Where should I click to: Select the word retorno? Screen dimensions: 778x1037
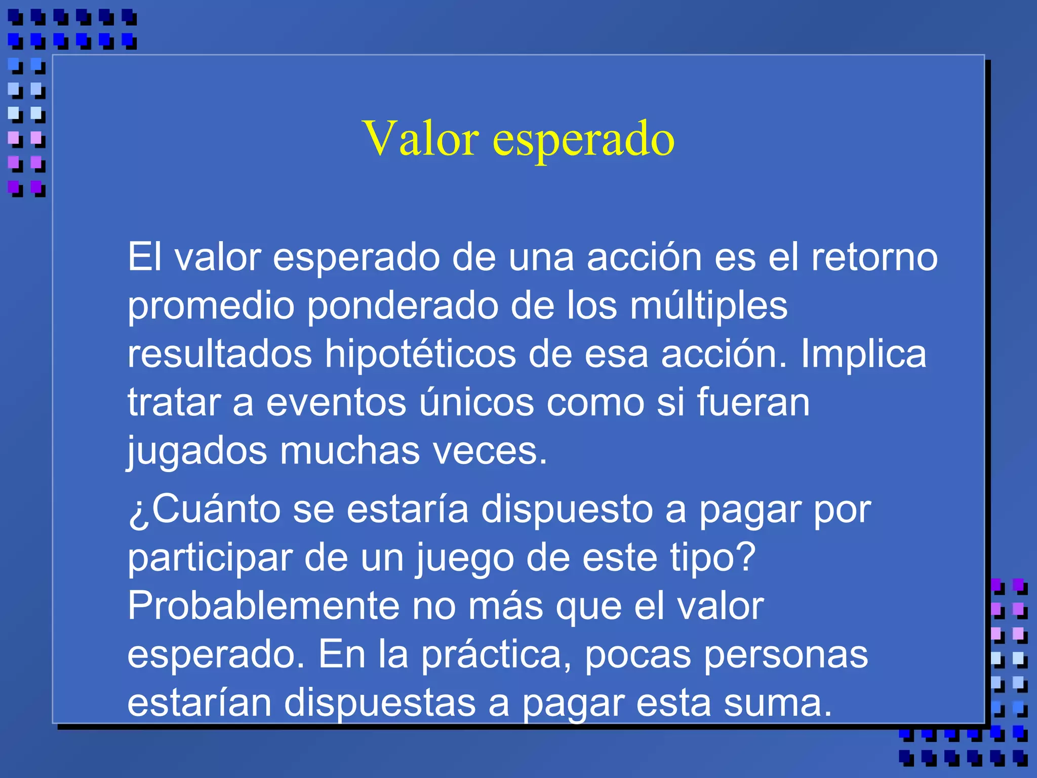[874, 257]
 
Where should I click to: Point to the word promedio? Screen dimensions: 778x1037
[211, 306]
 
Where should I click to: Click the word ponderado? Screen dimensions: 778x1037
[403, 306]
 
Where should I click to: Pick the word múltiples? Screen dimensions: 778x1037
[708, 306]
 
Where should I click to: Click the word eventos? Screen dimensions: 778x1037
[336, 402]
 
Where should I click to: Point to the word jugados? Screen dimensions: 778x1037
[196, 451]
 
